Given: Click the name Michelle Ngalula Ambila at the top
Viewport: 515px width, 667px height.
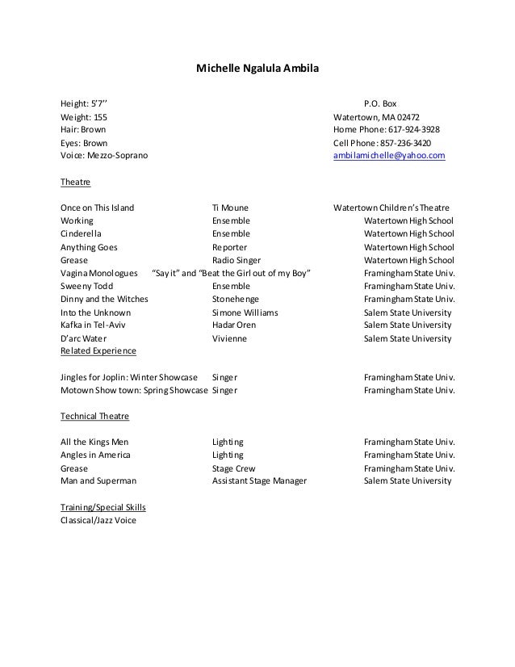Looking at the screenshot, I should (257, 70).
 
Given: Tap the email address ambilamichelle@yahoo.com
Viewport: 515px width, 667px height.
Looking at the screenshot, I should (389, 156).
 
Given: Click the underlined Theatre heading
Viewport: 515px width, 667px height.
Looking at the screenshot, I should (76, 182).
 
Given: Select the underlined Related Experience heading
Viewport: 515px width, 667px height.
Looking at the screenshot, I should (98, 351).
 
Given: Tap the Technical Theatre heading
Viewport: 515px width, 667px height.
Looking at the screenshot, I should (94, 417).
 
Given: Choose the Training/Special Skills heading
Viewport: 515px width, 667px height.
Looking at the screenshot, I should (103, 507).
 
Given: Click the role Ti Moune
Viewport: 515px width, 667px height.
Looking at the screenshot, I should (230, 208).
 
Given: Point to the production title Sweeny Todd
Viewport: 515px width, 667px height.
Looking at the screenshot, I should (87, 286).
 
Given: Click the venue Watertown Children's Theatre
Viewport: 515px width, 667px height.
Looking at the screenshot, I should (391, 208).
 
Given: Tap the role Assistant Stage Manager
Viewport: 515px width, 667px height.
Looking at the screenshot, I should (259, 481).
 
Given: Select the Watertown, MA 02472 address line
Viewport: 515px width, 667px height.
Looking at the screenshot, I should (376, 116).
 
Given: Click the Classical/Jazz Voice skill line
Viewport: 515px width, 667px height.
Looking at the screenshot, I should (98, 521).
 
